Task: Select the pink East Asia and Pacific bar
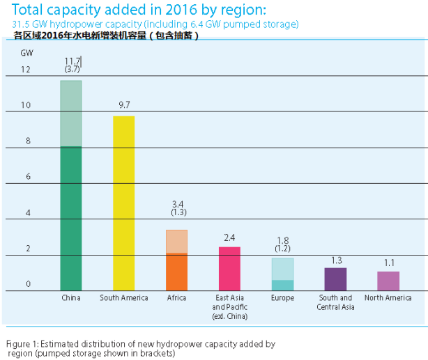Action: point(229,269)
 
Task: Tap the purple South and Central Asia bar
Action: point(335,279)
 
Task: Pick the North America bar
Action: point(388,281)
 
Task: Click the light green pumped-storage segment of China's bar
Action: point(71,114)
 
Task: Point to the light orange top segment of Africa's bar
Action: point(176,242)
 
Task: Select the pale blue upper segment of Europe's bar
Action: point(282,269)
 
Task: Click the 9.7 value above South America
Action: point(125,104)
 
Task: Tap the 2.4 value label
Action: point(229,237)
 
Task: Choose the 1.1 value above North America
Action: point(389,263)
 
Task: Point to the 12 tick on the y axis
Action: point(26,70)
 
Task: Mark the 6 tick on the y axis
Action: point(28,177)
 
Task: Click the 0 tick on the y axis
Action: point(28,284)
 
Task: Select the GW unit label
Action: point(26,53)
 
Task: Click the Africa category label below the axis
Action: point(176,299)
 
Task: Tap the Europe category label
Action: point(282,299)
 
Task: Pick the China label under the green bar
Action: point(71,299)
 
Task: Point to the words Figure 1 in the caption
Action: point(22,344)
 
